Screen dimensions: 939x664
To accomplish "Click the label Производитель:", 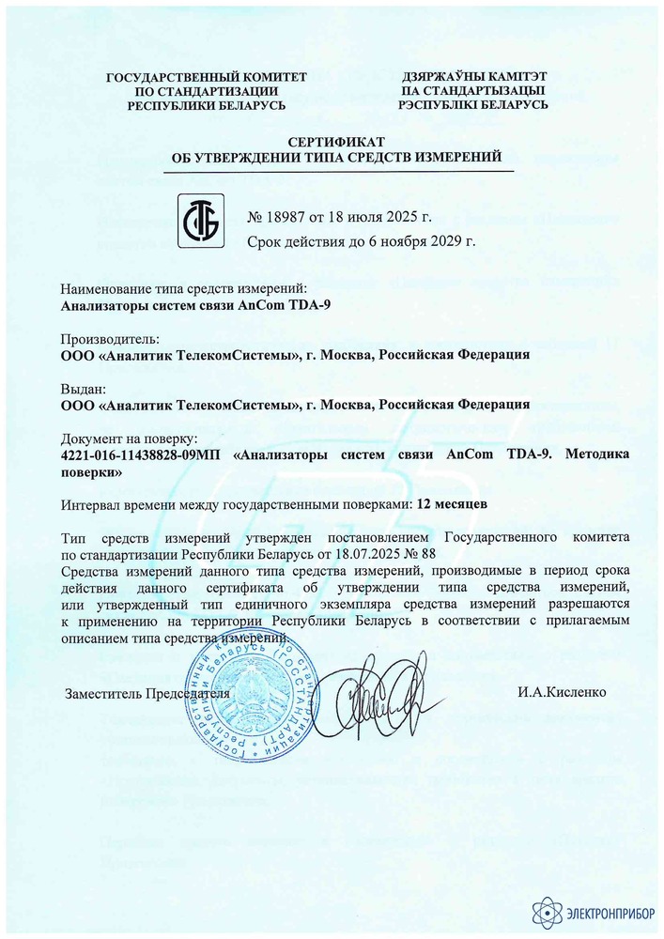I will click(110, 339).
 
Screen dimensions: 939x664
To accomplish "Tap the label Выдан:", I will click(83, 389).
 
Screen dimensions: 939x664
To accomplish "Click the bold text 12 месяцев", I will click(459, 503).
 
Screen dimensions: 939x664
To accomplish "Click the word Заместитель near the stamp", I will click(102, 693).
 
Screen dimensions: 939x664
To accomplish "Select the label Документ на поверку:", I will click(128, 439).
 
